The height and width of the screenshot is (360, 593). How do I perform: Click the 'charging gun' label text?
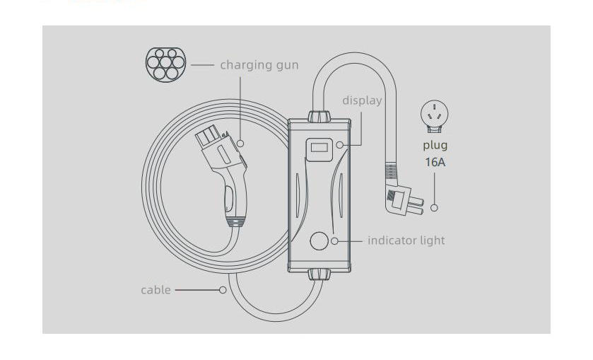259,65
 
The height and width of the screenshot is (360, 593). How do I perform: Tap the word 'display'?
362,100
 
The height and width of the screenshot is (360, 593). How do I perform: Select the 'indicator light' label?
406,240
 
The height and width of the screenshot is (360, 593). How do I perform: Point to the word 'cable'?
155,290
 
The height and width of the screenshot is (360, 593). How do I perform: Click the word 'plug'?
435,146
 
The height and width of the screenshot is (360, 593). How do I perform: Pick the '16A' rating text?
435,162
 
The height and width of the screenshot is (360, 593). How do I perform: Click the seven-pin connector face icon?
165,63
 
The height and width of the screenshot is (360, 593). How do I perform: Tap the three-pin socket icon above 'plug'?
435,115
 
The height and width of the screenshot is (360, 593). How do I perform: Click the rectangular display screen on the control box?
319,147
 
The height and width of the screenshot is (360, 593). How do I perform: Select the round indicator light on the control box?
320,241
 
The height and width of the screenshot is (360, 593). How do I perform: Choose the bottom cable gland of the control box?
320,274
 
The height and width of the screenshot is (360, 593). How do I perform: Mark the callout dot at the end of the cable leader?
223,290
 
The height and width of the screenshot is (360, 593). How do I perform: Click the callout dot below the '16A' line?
434,208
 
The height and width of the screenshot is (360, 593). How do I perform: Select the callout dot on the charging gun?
240,144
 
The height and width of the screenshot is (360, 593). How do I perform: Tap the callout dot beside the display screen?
340,145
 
